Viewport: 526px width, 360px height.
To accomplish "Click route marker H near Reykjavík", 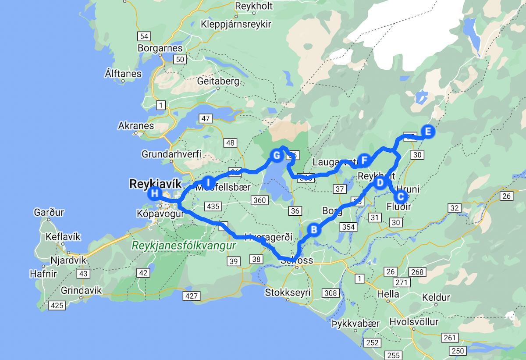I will click(x=154, y=193).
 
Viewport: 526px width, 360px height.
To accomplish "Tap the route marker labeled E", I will click(x=428, y=132).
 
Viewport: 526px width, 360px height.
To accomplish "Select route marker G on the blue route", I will click(x=276, y=156).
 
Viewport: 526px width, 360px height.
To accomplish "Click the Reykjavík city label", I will click(x=152, y=184).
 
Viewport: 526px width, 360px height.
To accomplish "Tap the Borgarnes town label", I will click(x=160, y=48).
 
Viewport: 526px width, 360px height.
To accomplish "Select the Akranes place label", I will click(x=136, y=126).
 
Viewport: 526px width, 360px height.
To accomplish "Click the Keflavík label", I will click(x=63, y=237).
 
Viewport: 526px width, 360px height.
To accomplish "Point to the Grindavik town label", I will click(x=82, y=290).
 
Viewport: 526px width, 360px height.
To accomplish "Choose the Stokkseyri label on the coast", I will click(x=288, y=292).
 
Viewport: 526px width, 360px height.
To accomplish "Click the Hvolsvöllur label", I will click(x=414, y=322).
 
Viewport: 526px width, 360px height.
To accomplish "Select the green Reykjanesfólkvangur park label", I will click(x=184, y=246).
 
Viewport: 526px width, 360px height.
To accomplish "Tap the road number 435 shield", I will click(x=213, y=206).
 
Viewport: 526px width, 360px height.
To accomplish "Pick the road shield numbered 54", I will click(x=143, y=36).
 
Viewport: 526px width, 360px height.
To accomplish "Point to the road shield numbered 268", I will click(x=417, y=272).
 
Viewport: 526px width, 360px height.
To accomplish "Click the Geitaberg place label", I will click(x=218, y=81).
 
